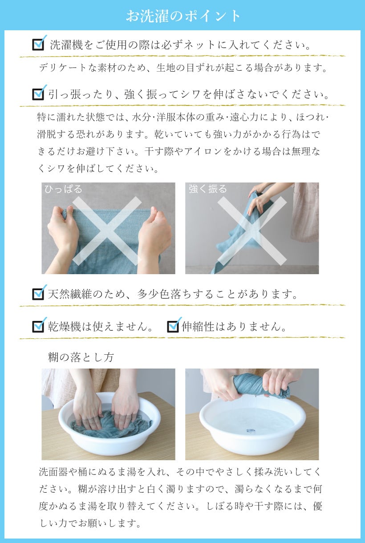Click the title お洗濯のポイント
point(183,16)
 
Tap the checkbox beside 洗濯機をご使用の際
point(39,44)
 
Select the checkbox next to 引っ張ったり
point(39,93)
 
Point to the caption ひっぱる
point(64,189)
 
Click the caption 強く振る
point(208,189)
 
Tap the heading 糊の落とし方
point(81,357)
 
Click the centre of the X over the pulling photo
point(107,231)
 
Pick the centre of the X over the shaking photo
point(252,231)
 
